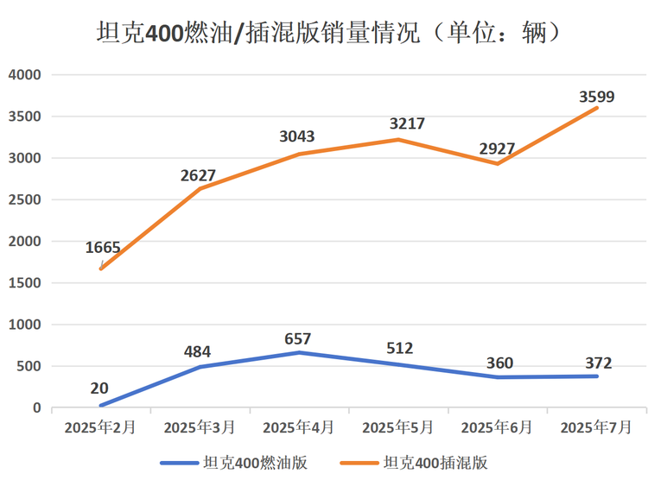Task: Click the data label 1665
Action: pos(103,248)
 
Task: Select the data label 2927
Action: pos(497,148)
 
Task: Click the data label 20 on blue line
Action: pos(99,388)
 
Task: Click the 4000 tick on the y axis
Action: pos(25,75)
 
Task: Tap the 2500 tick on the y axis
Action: pos(25,200)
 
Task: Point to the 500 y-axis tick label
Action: pos(30,367)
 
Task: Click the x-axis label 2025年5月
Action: pos(397,427)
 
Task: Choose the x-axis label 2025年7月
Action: pos(595,427)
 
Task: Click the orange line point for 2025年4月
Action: pos(298,155)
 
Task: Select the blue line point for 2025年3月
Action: pos(200,367)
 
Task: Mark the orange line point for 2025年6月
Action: pos(497,164)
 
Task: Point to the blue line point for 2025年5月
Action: pos(397,364)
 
